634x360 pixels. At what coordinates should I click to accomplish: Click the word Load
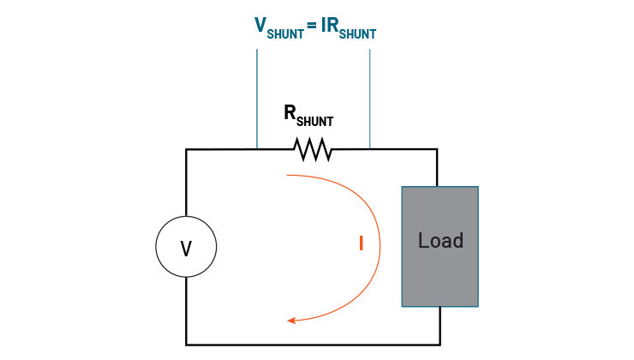[x=440, y=241]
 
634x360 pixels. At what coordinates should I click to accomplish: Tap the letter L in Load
[x=422, y=241]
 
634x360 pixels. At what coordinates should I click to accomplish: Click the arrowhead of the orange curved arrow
[x=289, y=321]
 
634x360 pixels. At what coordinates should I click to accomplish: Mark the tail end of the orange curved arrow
[x=287, y=175]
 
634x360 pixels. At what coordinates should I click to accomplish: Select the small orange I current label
[x=362, y=243]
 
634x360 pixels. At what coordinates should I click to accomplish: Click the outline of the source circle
[x=156, y=247]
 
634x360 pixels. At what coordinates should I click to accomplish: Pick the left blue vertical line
[x=257, y=99]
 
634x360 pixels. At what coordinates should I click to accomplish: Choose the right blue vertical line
[x=370, y=99]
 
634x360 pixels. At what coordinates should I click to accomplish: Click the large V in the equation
[x=260, y=25]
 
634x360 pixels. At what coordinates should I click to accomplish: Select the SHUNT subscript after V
[x=285, y=33]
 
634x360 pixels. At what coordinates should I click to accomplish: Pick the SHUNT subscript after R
[x=359, y=33]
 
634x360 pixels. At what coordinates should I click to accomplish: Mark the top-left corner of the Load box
[x=402, y=187]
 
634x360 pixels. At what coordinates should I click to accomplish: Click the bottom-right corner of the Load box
[x=477, y=306]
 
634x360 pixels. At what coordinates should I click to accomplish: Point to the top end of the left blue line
[x=257, y=49]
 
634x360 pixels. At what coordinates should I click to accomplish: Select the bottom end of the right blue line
[x=370, y=148]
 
